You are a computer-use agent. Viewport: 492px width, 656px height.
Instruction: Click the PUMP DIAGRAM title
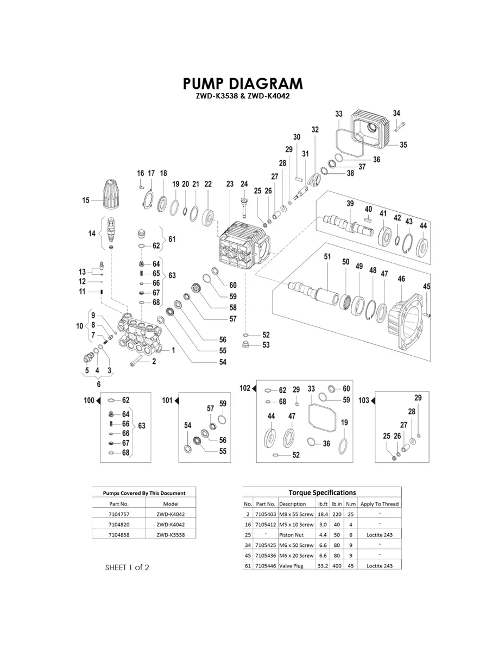coord(243,84)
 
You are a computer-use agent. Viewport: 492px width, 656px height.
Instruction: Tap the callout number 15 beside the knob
coord(86,200)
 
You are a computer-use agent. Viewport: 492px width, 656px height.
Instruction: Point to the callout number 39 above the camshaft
coord(350,203)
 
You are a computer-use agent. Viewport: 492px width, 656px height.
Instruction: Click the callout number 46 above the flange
coord(401,279)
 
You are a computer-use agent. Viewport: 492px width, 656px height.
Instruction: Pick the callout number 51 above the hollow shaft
coord(327,256)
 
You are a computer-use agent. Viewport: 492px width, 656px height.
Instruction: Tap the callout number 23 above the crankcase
coord(230,184)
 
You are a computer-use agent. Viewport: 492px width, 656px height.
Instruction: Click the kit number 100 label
coord(89,400)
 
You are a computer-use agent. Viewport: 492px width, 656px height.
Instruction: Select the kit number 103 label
coord(364,400)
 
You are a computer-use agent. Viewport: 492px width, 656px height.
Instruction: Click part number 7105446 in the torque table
coord(266,565)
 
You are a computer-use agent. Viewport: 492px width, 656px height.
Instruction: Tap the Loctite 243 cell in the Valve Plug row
coord(379,565)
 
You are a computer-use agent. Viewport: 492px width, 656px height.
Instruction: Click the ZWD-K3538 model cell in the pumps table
coord(171,534)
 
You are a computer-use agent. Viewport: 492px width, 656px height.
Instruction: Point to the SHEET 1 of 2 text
coord(127,567)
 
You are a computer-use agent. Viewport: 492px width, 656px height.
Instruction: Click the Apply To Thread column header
coord(379,504)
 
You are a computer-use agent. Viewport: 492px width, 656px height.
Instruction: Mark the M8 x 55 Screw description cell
coord(296,514)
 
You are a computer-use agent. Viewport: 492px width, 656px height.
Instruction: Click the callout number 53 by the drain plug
coord(266,345)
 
